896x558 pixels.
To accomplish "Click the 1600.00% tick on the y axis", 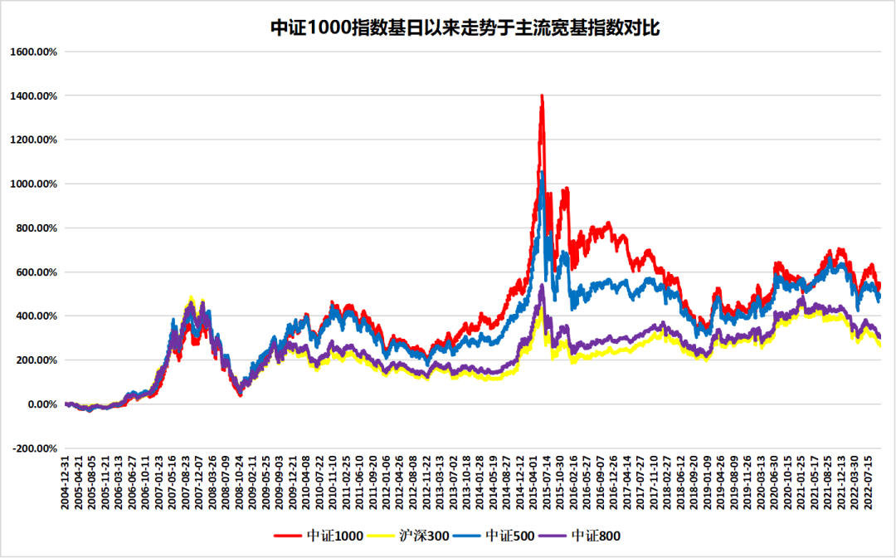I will click(x=33, y=51).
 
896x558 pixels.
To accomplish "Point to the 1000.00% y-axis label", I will click(x=33, y=184).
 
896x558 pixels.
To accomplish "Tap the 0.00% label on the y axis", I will click(x=39, y=404).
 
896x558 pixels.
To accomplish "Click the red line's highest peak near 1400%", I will click(x=542, y=95).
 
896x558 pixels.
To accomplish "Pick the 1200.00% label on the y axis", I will click(x=33, y=139).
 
